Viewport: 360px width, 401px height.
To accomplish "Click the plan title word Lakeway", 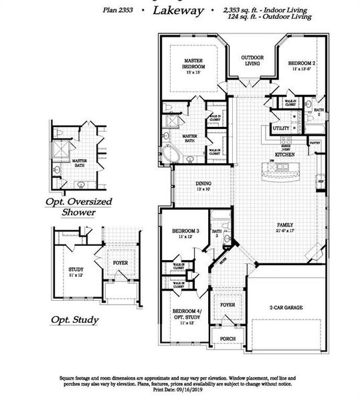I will click(x=177, y=10).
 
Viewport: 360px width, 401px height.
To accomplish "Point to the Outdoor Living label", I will click(x=252, y=61).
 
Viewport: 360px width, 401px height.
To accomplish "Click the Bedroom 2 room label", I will click(x=302, y=64).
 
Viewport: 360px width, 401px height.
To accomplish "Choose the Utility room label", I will click(x=281, y=128).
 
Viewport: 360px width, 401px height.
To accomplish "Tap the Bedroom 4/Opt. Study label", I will click(x=185, y=315).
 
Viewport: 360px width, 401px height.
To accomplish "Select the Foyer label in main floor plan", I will click(x=228, y=304).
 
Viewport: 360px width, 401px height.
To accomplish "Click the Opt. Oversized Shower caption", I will click(x=78, y=207).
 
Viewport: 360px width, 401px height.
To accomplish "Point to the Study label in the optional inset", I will click(x=76, y=271).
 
